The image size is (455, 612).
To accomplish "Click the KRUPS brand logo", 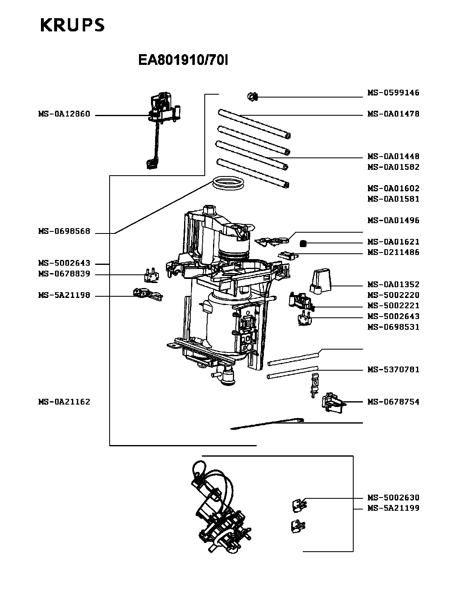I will click(72, 25).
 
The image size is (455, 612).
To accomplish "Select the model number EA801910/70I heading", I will click(183, 61).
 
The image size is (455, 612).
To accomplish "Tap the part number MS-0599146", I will click(393, 93).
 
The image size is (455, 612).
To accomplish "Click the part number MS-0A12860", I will click(64, 114).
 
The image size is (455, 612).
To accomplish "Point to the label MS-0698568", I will click(64, 232).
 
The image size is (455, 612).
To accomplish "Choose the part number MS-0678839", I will click(64, 274).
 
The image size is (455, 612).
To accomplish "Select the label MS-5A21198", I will click(64, 296).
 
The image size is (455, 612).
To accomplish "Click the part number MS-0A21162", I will click(64, 402).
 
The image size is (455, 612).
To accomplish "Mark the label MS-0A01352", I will click(393, 285).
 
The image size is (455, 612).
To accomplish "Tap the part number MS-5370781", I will click(393, 369).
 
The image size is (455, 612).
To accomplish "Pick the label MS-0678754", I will click(393, 402).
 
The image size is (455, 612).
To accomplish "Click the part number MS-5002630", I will click(393, 498).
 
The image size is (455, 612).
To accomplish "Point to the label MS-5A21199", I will click(393, 508).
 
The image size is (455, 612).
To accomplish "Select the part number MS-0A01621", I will click(393, 242).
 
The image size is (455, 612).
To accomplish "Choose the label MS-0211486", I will click(393, 252).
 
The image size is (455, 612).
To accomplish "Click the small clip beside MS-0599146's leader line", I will click(252, 97).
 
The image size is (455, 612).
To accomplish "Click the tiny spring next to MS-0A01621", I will click(303, 243).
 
